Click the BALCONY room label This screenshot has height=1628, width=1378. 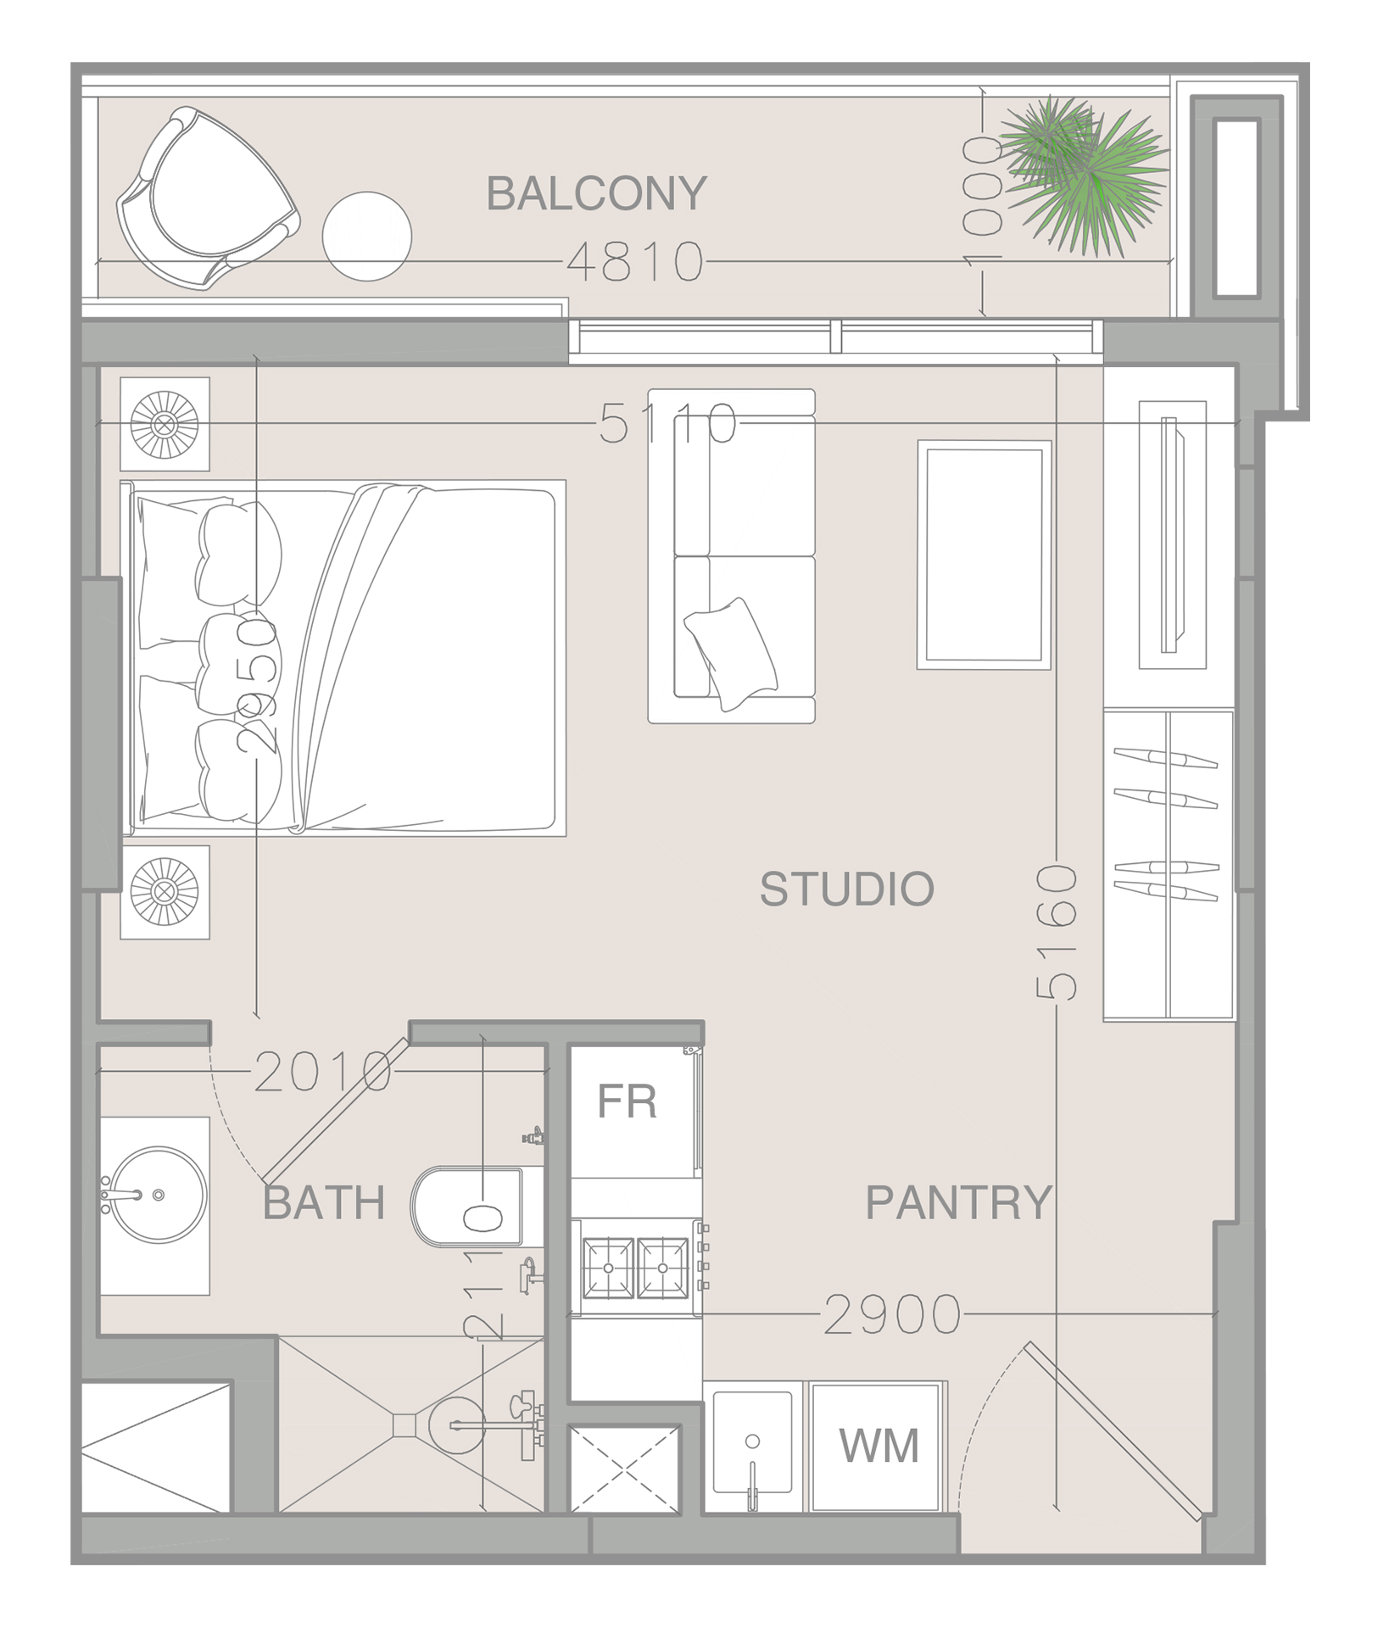[x=596, y=193]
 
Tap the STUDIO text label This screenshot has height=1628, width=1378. [x=846, y=889]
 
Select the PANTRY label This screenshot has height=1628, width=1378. [x=958, y=1202]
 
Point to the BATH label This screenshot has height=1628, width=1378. [x=324, y=1202]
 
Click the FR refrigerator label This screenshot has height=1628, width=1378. [x=627, y=1101]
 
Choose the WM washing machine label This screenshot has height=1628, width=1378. [x=879, y=1446]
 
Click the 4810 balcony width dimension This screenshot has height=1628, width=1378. [x=635, y=262]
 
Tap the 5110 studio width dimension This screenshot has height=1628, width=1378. [x=668, y=423]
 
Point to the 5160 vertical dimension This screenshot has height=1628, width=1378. [x=1057, y=933]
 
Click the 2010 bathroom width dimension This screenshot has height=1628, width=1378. [x=323, y=1073]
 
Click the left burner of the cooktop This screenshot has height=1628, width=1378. [x=608, y=1268]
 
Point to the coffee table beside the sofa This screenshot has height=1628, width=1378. [x=984, y=555]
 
